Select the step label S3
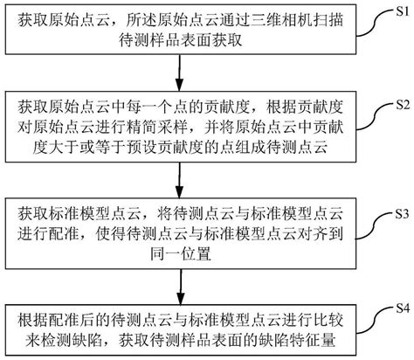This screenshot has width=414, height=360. point(397,212)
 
